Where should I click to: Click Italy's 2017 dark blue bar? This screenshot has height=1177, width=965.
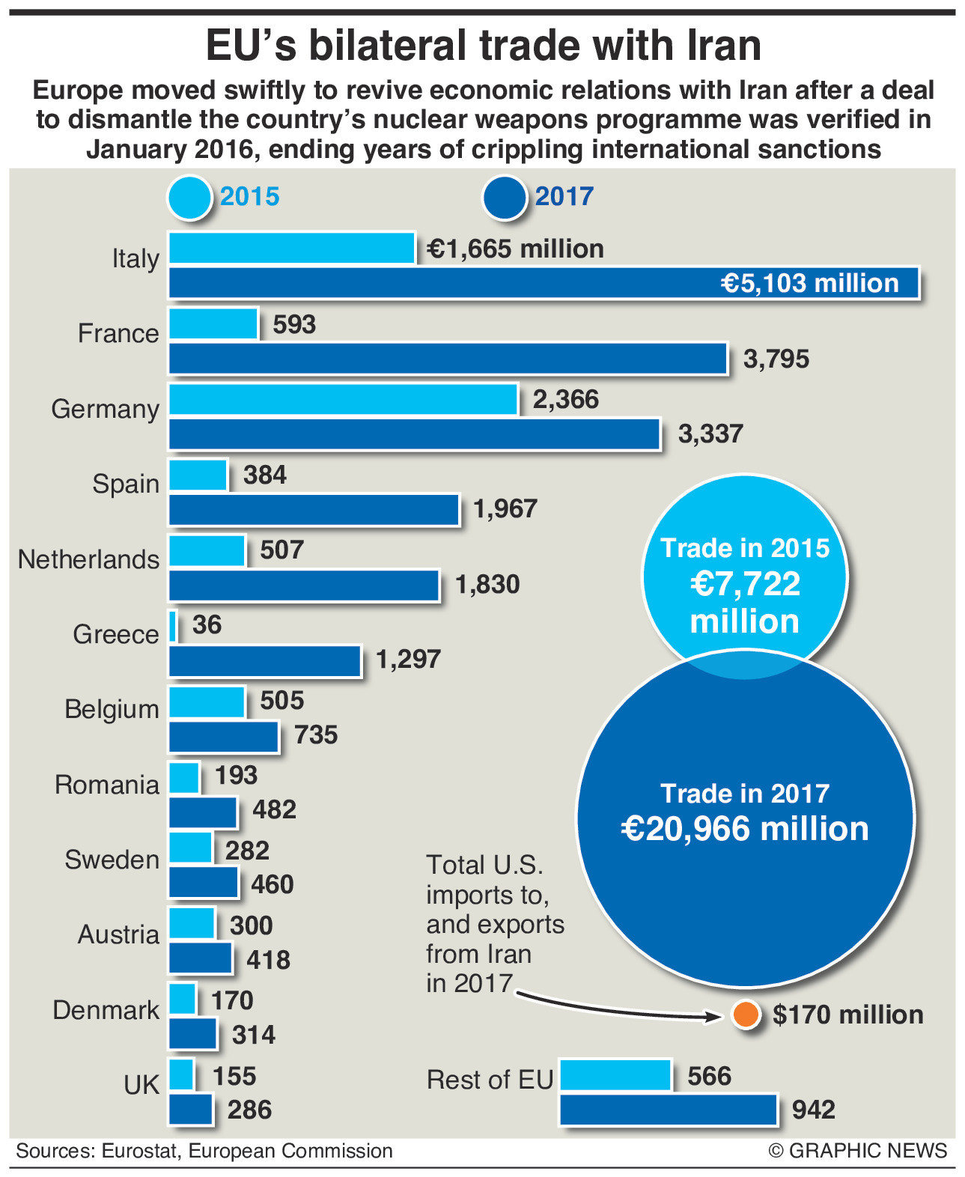pyautogui.click(x=544, y=283)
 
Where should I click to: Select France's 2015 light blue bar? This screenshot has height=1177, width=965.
pyautogui.click(x=213, y=324)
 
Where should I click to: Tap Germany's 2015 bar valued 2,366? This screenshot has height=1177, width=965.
pyautogui.click(x=343, y=399)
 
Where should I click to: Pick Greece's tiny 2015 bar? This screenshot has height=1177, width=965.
pyautogui.click(x=174, y=625)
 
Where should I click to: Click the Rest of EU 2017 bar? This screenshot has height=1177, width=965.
pyautogui.click(x=668, y=1110)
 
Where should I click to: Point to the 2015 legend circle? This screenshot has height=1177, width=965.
pyautogui.click(x=190, y=198)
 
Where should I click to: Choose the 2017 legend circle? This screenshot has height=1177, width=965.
pyautogui.click(x=505, y=198)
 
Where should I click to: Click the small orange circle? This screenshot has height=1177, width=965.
pyautogui.click(x=746, y=1015)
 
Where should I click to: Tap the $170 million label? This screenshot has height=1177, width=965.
pyautogui.click(x=848, y=1015)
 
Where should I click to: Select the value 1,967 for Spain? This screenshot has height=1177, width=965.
pyautogui.click(x=505, y=509)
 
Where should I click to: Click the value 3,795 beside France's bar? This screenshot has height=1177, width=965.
pyautogui.click(x=776, y=359)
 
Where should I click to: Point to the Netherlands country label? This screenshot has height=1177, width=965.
pyautogui.click(x=88, y=559)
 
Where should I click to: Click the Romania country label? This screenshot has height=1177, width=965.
pyautogui.click(x=107, y=785)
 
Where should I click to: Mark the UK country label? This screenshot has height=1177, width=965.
pyautogui.click(x=141, y=1084)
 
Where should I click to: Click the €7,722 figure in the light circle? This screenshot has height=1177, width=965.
pyautogui.click(x=745, y=585)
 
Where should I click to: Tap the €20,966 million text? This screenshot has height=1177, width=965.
pyautogui.click(x=745, y=829)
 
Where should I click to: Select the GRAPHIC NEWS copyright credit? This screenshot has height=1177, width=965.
pyautogui.click(x=858, y=1151)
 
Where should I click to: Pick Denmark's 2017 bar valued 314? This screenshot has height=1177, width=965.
pyautogui.click(x=192, y=1034)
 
